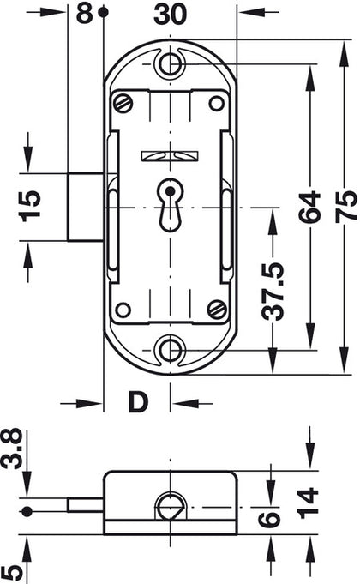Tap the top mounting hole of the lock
coord(172,62)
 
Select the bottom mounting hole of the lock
coord(172,348)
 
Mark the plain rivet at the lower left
coord(123,309)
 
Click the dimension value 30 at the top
coord(169,15)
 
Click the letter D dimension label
coord(136,400)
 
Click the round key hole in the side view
coord(170,507)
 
